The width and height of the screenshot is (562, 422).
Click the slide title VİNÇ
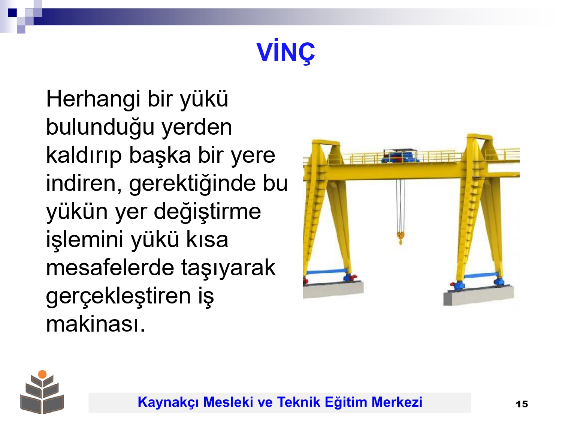(285, 52)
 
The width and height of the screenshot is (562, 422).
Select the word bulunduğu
(100, 128)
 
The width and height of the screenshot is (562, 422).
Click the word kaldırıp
(84, 156)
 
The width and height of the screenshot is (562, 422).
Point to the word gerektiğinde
(193, 184)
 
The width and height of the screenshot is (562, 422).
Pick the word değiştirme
(208, 212)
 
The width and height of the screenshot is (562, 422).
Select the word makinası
(96, 324)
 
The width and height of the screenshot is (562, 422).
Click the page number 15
(522, 404)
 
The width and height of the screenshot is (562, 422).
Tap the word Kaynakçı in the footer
(169, 402)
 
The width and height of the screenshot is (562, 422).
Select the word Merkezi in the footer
(397, 402)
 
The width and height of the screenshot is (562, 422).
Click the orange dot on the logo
(42, 374)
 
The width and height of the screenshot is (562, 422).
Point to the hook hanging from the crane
(401, 238)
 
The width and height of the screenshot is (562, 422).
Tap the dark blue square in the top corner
(12, 12)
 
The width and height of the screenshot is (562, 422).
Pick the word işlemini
(85, 240)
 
